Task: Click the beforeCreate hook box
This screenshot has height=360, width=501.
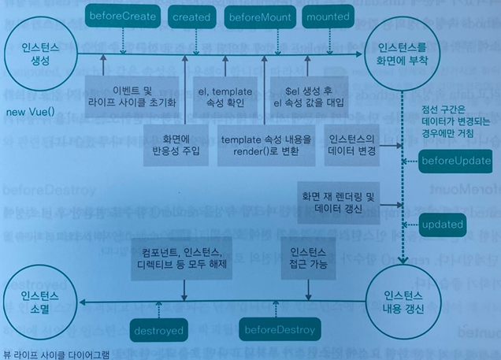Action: tap(123, 15)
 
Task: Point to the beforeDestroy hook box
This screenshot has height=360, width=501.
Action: tap(281, 328)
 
